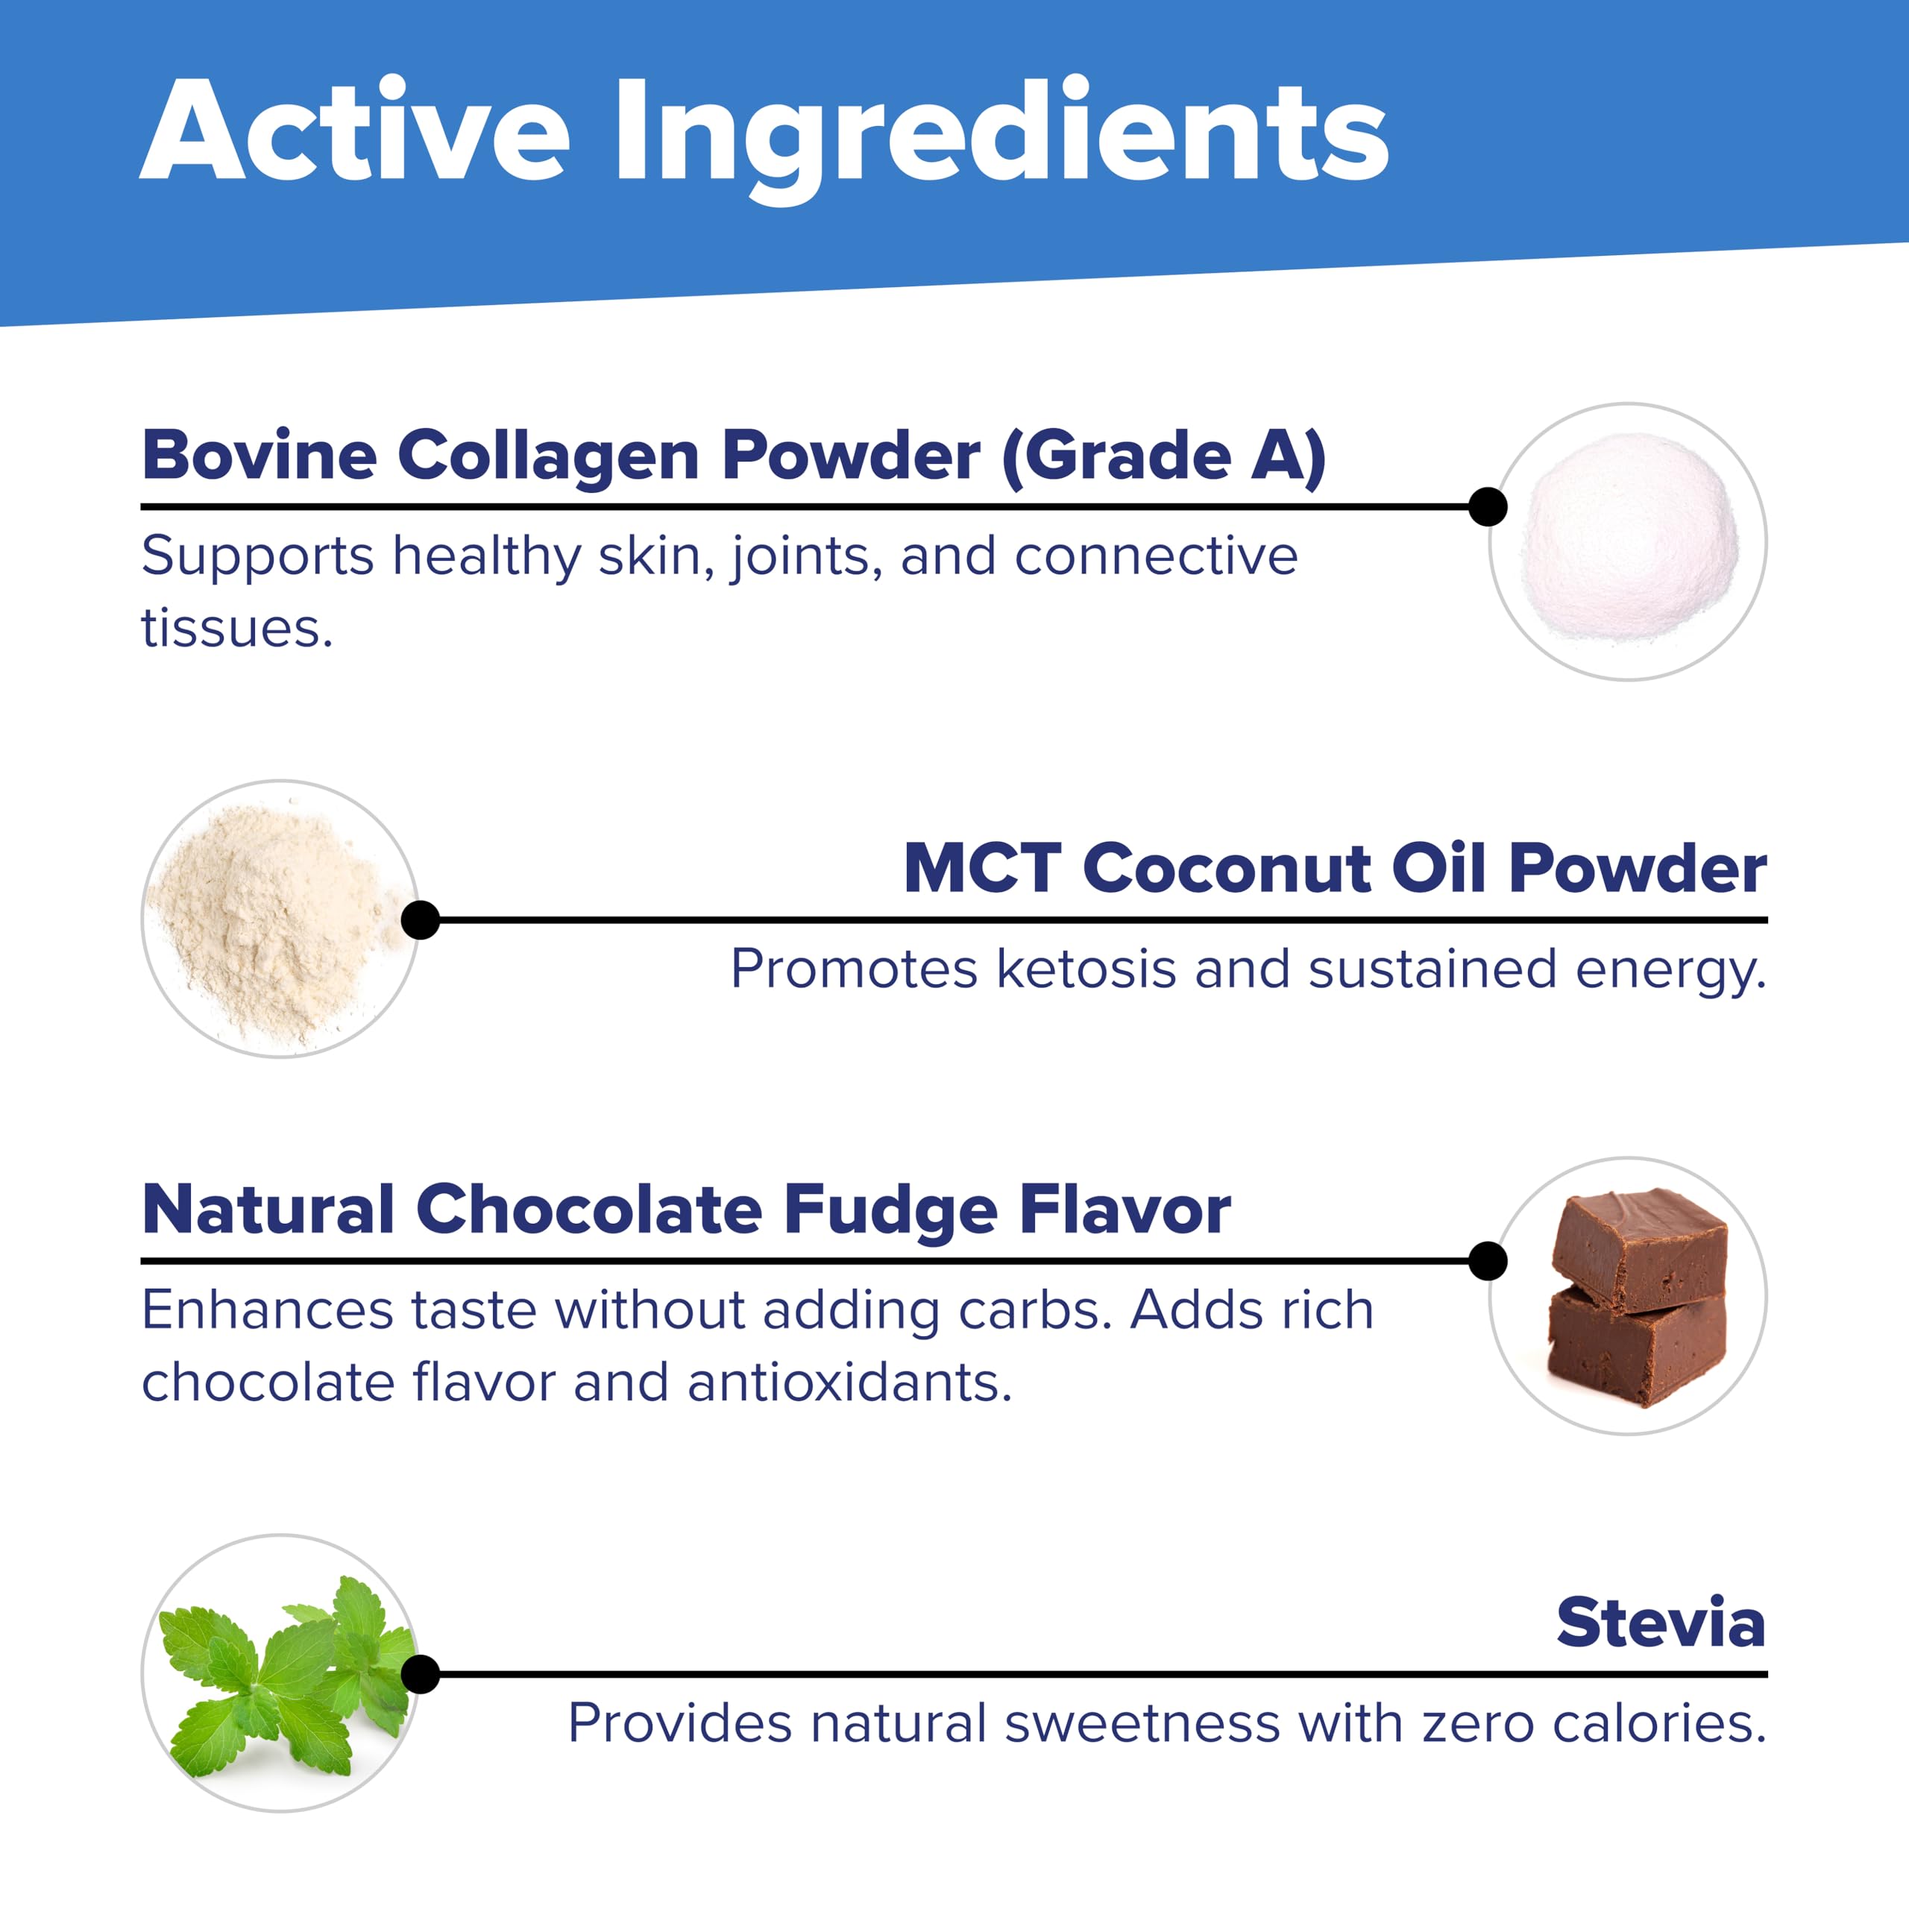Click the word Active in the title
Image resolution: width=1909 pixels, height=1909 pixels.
[356, 131]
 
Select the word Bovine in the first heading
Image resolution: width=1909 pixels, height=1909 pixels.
[259, 456]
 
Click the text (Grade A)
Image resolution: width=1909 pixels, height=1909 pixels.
[1164, 456]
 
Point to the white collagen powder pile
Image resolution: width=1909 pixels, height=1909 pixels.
[1630, 538]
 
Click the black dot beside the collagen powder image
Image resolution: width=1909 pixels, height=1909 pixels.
[1487, 507]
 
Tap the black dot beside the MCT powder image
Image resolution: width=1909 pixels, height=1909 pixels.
[421, 920]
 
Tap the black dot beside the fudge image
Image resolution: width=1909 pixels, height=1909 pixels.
[1487, 1261]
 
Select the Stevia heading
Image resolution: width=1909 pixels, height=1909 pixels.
[1660, 1623]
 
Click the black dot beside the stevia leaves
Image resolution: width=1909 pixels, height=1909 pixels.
[421, 1675]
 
